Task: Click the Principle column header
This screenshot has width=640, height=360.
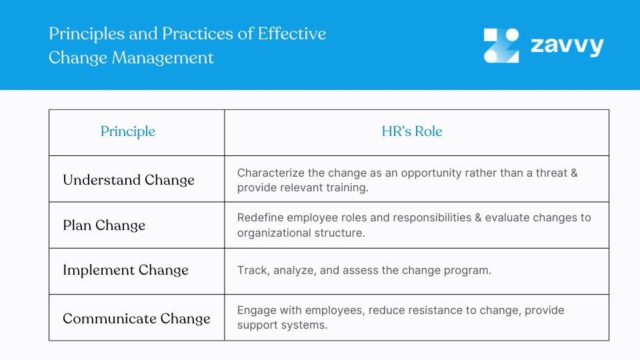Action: point(128,132)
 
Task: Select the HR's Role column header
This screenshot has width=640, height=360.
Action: point(412,132)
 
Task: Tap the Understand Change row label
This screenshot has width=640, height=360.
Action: point(129,180)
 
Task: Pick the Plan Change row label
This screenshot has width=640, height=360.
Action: point(104,225)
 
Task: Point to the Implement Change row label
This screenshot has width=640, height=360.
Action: point(125,271)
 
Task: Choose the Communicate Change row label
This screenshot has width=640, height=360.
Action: point(137,319)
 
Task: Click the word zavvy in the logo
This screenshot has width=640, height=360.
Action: point(567,45)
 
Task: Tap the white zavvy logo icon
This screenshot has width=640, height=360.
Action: point(501,45)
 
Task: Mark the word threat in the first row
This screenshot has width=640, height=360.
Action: point(549,173)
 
